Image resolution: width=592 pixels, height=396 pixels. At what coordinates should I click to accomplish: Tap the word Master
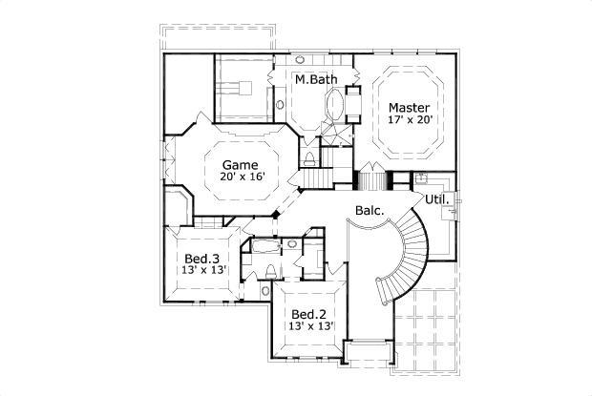408,108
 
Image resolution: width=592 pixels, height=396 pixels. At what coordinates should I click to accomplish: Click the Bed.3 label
202,259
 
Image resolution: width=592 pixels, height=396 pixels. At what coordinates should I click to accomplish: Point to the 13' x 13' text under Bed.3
202,271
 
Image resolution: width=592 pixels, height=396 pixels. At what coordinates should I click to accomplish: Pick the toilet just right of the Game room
311,156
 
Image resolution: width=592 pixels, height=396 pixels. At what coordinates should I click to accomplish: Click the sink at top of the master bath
312,59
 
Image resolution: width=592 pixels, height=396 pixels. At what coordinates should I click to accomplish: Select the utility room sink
421,178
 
